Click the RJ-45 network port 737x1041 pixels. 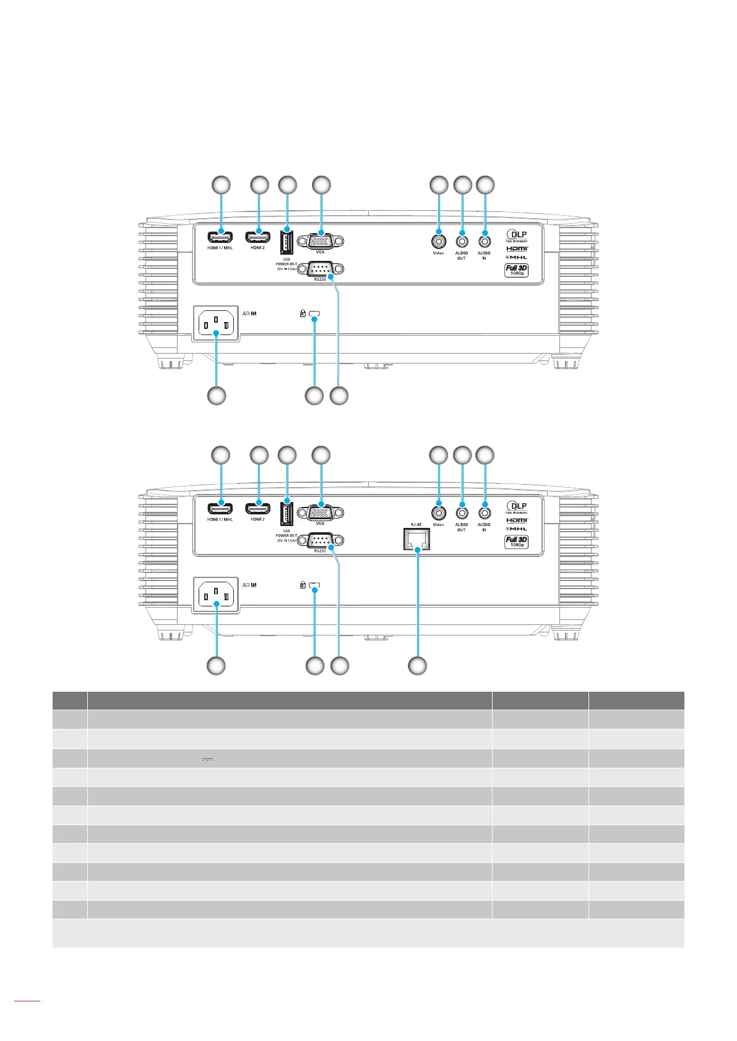tap(416, 539)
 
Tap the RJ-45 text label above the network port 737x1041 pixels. tap(416, 524)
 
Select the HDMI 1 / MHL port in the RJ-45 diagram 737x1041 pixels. tap(220, 509)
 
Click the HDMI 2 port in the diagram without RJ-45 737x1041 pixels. tap(258, 237)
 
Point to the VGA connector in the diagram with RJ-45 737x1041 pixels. tap(321, 512)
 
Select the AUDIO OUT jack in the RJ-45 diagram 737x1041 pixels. tap(462, 512)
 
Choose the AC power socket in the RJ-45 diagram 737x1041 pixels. tap(215, 596)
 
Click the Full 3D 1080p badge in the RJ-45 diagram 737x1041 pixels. tap(516, 542)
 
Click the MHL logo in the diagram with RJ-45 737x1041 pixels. tap(517, 529)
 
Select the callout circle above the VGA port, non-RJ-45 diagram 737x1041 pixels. tap(321, 184)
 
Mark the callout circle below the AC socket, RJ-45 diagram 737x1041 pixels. tap(215, 666)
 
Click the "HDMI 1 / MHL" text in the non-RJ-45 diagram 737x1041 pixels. tap(220, 248)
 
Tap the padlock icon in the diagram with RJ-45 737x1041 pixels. tap(303, 585)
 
